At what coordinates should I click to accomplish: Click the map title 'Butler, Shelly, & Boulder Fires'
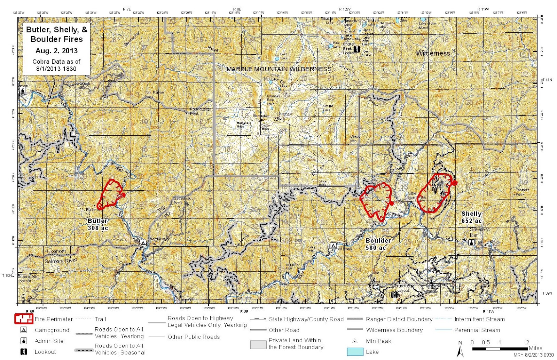[x=56, y=34]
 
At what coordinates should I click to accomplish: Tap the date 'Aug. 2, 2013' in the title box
[x=56, y=51]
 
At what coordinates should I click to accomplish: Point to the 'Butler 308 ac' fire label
[x=98, y=224]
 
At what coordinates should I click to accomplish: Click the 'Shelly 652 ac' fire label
[x=471, y=217]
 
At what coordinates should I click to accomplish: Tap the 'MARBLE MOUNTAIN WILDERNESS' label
[x=279, y=69]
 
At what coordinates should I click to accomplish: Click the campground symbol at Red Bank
[x=333, y=246]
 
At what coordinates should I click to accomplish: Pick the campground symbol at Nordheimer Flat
[x=143, y=242]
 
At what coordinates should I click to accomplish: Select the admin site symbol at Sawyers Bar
[x=472, y=242]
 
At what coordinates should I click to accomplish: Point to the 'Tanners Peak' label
[x=522, y=192]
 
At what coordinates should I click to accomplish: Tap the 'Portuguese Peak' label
[x=199, y=111]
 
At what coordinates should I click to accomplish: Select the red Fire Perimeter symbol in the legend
[x=23, y=319]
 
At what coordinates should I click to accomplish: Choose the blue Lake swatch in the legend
[x=355, y=352]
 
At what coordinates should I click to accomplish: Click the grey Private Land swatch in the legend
[x=258, y=344]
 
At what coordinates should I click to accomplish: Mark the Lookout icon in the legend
[x=24, y=352]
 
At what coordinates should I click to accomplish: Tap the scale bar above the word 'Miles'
[x=499, y=348]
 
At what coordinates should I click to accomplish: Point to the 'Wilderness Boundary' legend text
[x=394, y=330]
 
